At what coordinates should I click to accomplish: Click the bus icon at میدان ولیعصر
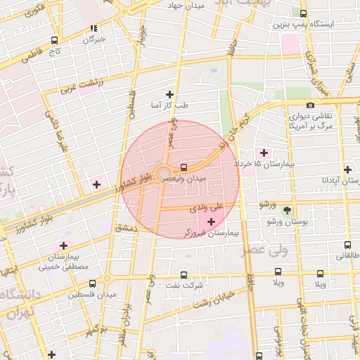(184, 167)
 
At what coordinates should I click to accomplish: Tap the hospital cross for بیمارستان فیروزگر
(211, 221)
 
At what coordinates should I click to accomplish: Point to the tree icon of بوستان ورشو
(286, 210)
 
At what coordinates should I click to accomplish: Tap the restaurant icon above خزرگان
(94, 29)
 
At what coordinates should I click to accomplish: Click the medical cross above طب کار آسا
(169, 94)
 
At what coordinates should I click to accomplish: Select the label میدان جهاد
(186, 6)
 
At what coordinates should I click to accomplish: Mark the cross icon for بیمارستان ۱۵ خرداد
(264, 153)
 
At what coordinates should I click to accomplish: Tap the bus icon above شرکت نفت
(184, 275)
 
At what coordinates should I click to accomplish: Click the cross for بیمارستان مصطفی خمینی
(64, 245)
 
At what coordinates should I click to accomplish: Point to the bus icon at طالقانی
(347, 245)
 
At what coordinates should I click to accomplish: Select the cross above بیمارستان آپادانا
(347, 169)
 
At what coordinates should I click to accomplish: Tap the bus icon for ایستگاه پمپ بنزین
(303, 13)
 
